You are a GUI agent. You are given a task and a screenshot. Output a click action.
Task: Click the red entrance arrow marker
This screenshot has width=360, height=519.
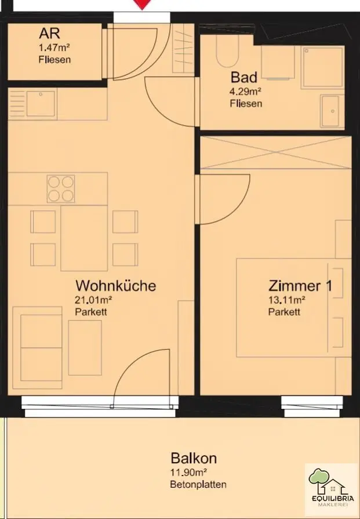click(x=142, y=4)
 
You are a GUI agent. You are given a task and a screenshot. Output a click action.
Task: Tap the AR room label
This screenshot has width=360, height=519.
click(x=50, y=34)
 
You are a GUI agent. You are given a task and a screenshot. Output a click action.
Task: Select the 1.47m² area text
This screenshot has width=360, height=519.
click(x=54, y=47)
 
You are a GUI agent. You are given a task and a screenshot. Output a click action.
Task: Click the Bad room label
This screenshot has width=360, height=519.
click(x=243, y=77)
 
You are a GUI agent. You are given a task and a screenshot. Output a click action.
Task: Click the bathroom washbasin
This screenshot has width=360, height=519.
click(x=330, y=111)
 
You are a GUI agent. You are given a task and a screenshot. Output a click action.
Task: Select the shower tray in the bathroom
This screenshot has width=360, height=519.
click(x=322, y=68)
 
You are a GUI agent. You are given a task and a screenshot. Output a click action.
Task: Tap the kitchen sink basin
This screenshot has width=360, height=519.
click(x=41, y=104)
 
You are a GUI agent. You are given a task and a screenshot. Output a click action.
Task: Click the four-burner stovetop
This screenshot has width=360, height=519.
click(x=61, y=189)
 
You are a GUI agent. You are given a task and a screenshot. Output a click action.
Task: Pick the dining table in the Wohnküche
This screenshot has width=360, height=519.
click(x=84, y=238)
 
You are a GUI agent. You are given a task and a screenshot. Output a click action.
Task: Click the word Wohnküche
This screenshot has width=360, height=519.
click(x=115, y=286)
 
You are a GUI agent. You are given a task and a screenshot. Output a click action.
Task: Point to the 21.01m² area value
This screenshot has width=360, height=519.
click(x=93, y=300)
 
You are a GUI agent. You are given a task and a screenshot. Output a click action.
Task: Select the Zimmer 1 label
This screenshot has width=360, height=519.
click(x=300, y=286)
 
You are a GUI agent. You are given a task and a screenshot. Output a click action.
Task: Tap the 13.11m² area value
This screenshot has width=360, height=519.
click(x=286, y=300)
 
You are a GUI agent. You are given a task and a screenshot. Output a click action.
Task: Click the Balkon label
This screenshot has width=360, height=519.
click(x=194, y=458)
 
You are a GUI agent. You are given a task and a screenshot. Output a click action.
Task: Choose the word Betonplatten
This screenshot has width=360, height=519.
click(x=198, y=485)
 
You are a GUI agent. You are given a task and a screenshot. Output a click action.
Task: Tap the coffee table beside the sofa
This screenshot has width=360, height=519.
click(x=85, y=348)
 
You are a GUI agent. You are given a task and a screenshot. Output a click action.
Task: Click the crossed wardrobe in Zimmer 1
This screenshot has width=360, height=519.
click(x=275, y=152)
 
